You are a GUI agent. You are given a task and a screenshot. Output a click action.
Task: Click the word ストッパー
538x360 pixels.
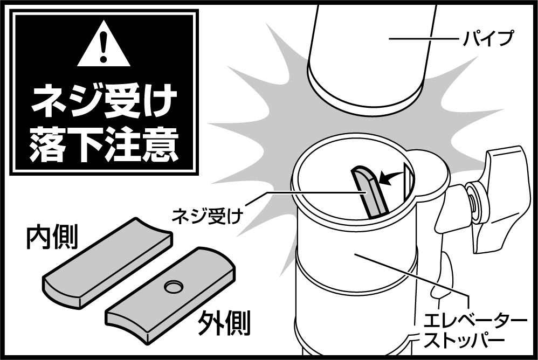464,340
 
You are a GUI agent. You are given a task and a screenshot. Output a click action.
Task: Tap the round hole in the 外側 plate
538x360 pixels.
175,286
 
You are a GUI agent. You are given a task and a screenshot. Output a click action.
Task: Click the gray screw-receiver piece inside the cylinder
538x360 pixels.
369,192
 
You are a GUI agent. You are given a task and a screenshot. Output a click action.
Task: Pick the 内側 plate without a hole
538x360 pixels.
108,261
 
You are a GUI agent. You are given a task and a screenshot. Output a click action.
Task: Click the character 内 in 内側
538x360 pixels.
39,237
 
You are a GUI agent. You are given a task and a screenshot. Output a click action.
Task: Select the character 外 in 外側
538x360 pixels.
211,323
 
